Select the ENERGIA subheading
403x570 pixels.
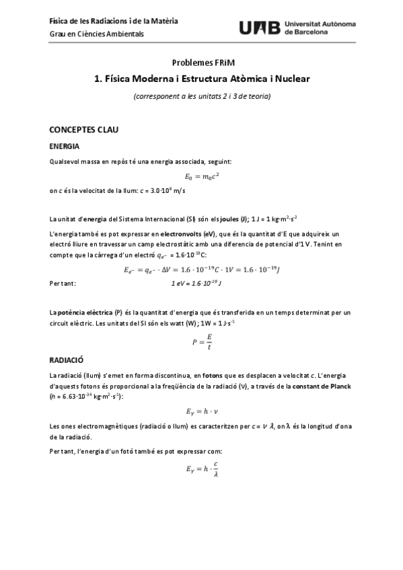click(65, 146)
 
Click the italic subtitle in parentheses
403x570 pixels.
click(201, 96)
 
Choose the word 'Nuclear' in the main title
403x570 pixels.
click(290, 79)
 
